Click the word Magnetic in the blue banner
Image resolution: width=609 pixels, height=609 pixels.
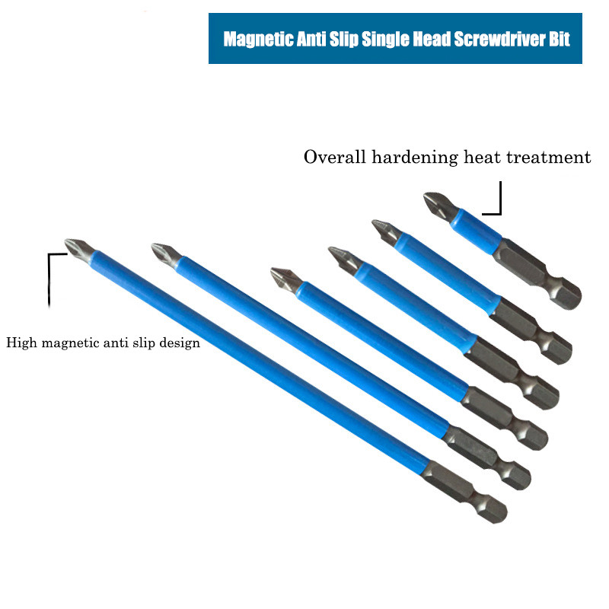(x=258, y=40)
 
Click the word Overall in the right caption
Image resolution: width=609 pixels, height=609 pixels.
(x=334, y=157)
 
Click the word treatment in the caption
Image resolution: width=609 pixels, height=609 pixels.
(x=548, y=158)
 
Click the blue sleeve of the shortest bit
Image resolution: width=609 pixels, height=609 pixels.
(x=477, y=231)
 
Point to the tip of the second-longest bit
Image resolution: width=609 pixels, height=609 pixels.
(x=166, y=253)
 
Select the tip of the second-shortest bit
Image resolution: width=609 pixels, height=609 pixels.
(x=386, y=231)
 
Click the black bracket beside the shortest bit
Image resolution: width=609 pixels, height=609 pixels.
(x=492, y=198)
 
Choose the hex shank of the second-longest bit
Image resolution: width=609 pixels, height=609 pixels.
(x=487, y=458)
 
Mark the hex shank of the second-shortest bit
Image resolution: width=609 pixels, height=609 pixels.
(x=531, y=330)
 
